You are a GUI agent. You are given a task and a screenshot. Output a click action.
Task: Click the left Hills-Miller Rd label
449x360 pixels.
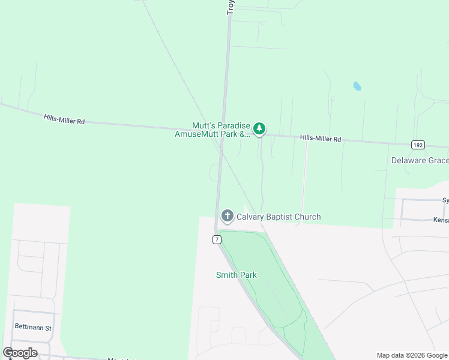64,120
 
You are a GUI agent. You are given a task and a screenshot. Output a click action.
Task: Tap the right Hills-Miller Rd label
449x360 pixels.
321,139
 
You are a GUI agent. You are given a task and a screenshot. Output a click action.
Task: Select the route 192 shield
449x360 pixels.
418,145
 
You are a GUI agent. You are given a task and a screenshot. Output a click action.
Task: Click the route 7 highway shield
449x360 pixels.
217,239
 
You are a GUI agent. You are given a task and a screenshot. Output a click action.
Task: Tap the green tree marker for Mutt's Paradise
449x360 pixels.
259,128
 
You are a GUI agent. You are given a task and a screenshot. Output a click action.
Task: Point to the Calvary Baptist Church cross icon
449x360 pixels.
227,216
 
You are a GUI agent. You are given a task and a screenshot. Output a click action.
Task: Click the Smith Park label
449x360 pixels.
237,275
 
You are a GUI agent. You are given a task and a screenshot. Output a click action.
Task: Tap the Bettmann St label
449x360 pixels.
34,328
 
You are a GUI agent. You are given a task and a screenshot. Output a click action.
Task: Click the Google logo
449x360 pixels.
20,353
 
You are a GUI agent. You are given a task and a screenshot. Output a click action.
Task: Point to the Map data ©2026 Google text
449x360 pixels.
412,355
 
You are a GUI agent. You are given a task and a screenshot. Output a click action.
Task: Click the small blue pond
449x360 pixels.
357,86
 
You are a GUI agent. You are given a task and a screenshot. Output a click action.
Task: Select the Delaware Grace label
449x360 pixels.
420,160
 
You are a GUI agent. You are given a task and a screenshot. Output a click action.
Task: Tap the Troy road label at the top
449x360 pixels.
231,7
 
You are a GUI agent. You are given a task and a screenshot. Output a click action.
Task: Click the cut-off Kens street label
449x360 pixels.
441,220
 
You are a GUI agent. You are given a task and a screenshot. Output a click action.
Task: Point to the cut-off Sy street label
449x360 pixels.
445,200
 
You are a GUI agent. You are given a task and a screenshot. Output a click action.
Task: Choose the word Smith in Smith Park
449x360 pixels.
227,275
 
